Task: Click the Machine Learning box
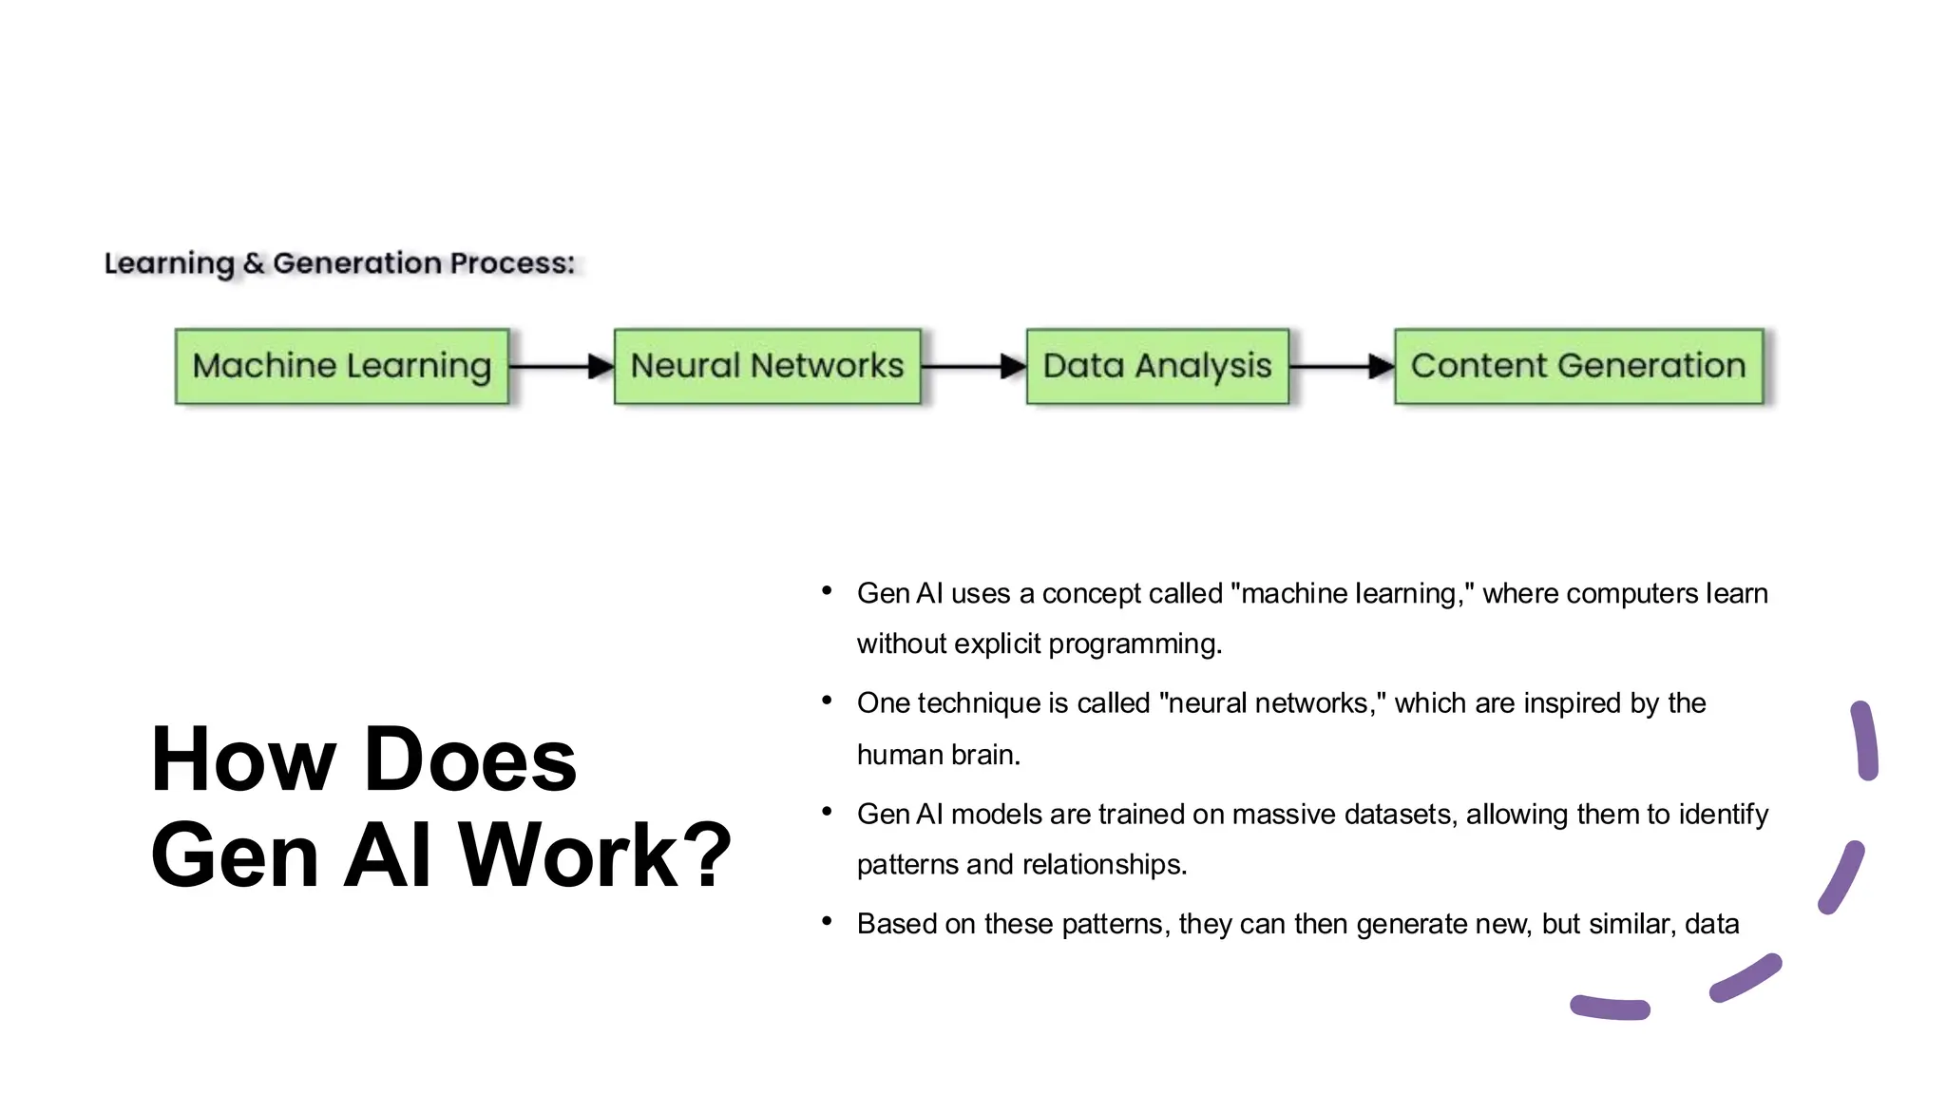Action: [x=342, y=366]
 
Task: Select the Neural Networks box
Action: [x=767, y=366]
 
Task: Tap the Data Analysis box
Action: [x=1157, y=366]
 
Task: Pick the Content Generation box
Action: [x=1578, y=366]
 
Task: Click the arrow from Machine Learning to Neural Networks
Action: [x=562, y=366]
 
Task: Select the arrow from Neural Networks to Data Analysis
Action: [x=974, y=366]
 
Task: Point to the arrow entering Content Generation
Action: [x=1342, y=366]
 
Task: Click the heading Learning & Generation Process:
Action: [x=339, y=263]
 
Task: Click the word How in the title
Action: [x=243, y=759]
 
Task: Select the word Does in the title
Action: [x=470, y=759]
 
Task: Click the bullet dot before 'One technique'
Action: [x=827, y=701]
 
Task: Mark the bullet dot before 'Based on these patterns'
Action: [x=827, y=921]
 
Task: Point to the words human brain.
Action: [x=938, y=755]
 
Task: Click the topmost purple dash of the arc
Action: [x=1865, y=740]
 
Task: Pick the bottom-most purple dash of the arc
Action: [x=1611, y=1008]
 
